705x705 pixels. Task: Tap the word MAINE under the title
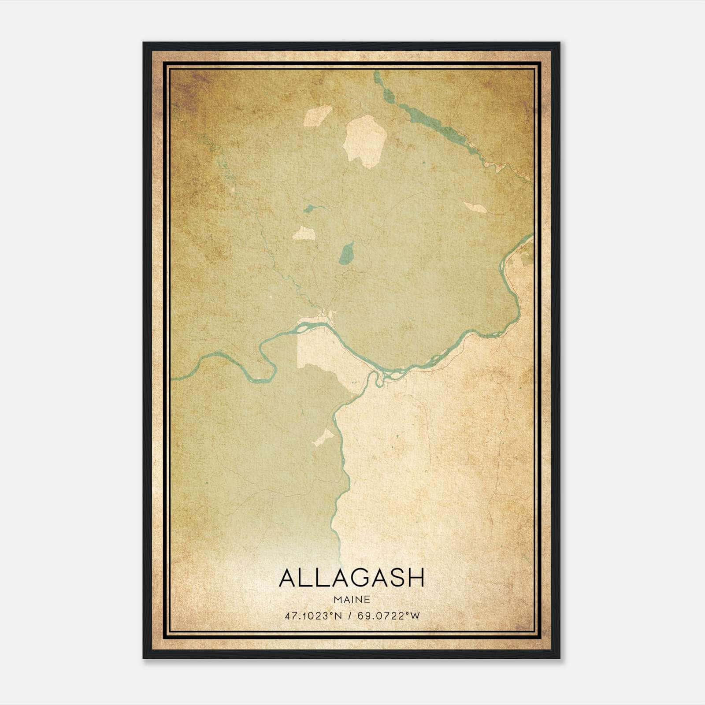352,600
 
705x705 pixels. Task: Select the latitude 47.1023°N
313,616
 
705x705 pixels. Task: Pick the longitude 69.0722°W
389,616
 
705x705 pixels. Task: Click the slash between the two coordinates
350,616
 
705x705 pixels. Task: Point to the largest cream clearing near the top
365,140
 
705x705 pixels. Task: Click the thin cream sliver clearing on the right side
475,207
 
